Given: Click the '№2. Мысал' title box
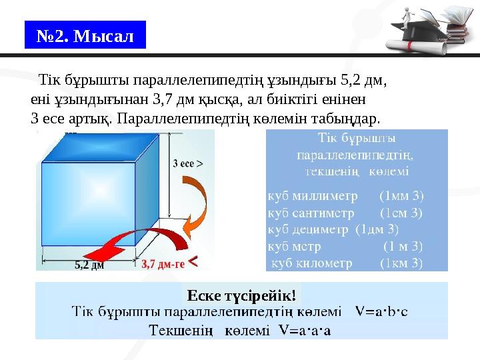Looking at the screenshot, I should click(85, 35).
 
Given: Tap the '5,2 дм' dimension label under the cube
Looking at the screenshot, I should click(88, 264).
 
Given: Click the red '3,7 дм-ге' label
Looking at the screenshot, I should click(163, 263).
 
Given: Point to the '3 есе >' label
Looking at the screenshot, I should click(188, 162).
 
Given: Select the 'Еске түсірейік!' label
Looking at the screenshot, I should click(241, 295).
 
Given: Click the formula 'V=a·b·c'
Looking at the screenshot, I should click(382, 311).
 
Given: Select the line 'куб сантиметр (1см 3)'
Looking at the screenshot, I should click(345, 213).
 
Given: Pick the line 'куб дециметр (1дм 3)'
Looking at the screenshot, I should click(333, 230).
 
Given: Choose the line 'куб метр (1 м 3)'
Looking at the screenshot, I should click(345, 247).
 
